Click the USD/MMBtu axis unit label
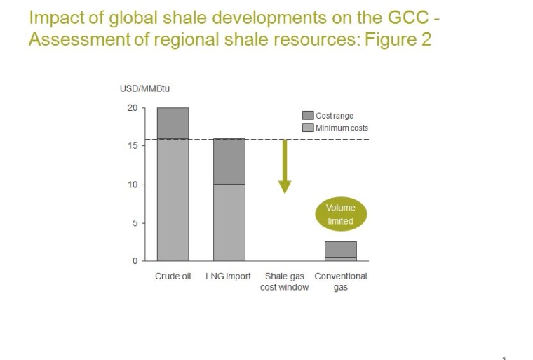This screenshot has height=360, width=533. tap(145, 88)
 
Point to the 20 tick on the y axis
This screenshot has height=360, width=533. tap(132, 108)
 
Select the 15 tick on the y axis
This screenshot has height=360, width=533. tap(132, 146)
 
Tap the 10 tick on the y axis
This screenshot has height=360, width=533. tap(132, 185)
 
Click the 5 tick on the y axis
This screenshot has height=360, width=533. tap(134, 223)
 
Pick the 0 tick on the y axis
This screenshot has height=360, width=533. tap(134, 261)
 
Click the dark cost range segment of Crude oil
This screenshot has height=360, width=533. tap(173, 123)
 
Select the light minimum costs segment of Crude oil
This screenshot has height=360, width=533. tap(173, 200)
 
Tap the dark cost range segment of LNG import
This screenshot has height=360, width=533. tap(229, 161)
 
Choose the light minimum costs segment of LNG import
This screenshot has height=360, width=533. tap(229, 222)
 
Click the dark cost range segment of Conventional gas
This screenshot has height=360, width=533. tap(341, 249)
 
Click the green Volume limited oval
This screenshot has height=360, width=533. tap(340, 215)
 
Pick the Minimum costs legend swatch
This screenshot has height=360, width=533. tap(307, 128)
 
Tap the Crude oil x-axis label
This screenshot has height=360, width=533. tap(173, 276)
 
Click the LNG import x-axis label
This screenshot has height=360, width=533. tap(228, 276)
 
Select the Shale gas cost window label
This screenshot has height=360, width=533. tap(284, 281)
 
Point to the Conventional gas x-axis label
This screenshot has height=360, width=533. tap(341, 281)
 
